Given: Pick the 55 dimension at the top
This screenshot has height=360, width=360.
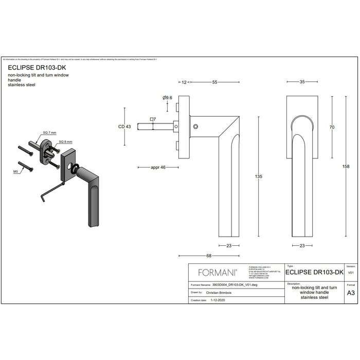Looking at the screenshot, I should pyautogui.click(x=214, y=82).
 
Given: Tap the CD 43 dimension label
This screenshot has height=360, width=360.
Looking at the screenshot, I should pyautogui.click(x=125, y=127).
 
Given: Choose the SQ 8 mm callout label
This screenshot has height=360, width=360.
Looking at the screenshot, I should pyautogui.click(x=65, y=141).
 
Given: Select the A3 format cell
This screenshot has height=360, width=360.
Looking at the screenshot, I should pyautogui.click(x=351, y=292).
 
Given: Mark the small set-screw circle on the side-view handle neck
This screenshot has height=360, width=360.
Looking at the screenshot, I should pyautogui.click(x=195, y=127).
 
